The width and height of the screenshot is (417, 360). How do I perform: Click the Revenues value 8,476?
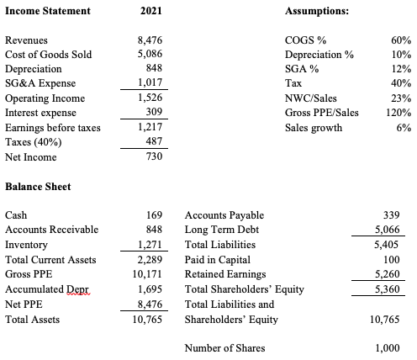click(x=150, y=40)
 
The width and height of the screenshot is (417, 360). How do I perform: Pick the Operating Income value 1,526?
click(x=150, y=98)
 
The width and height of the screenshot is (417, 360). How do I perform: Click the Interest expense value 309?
click(x=154, y=112)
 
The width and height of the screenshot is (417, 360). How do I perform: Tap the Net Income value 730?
click(x=154, y=156)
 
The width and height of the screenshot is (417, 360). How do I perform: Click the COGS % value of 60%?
click(x=400, y=40)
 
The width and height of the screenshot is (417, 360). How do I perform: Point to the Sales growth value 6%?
click(x=404, y=127)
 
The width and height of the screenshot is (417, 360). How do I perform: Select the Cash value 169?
click(x=154, y=215)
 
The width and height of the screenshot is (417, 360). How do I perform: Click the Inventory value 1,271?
click(x=150, y=245)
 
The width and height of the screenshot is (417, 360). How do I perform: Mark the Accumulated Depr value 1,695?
click(x=150, y=289)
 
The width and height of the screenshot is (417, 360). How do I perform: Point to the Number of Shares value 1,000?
click(x=387, y=348)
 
